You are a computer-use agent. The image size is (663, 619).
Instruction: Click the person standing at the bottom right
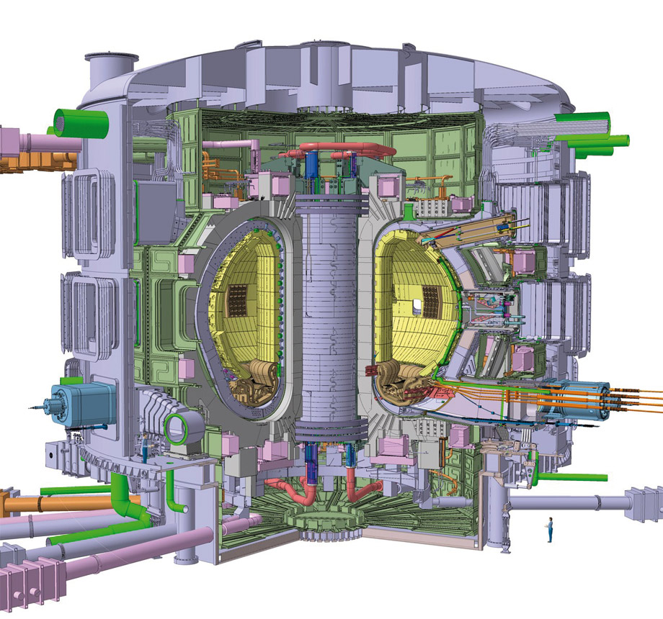click(x=550, y=529)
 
